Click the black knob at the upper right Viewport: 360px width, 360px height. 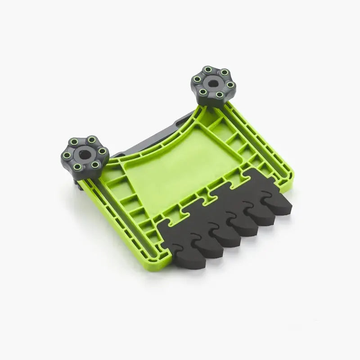coord(213,85)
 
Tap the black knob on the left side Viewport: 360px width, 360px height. coord(85,156)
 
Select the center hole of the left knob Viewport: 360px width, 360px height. coord(84,154)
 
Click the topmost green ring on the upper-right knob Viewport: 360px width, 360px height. coord(207,70)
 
